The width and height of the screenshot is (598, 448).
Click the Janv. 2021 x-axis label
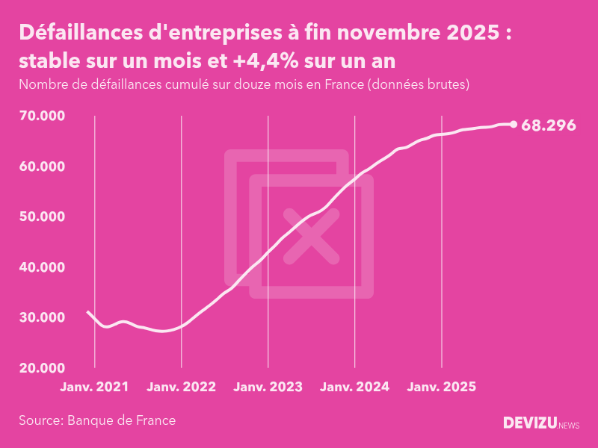click(94, 387)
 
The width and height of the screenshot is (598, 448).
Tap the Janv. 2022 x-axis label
click(181, 387)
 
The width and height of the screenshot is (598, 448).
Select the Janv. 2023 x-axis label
click(268, 387)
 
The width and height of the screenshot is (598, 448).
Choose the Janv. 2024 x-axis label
click(354, 387)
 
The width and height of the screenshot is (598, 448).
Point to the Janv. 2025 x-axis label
click(441, 387)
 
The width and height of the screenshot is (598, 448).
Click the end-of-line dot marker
click(513, 125)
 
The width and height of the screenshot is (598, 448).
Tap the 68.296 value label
click(549, 125)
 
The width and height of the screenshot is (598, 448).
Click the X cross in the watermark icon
click(311, 235)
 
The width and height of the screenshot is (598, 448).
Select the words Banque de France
click(122, 420)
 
